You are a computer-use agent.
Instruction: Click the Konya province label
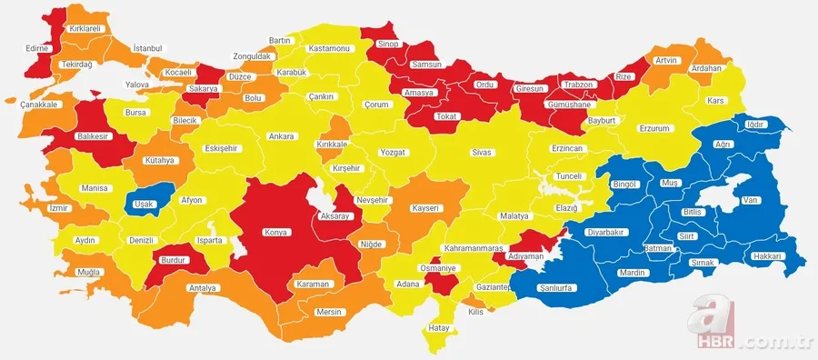(275, 233)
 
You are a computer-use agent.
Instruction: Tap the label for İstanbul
(147, 47)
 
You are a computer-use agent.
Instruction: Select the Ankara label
(281, 136)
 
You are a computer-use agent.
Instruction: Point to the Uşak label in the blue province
(144, 204)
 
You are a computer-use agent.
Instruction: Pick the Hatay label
(440, 327)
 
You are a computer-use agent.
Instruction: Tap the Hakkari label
(768, 257)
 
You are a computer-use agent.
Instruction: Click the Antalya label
(204, 288)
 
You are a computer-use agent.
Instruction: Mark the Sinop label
(388, 43)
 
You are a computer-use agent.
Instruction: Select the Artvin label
(666, 61)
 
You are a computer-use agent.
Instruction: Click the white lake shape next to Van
(718, 196)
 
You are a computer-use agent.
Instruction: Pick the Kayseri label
(425, 208)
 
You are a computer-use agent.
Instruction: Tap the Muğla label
(88, 273)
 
